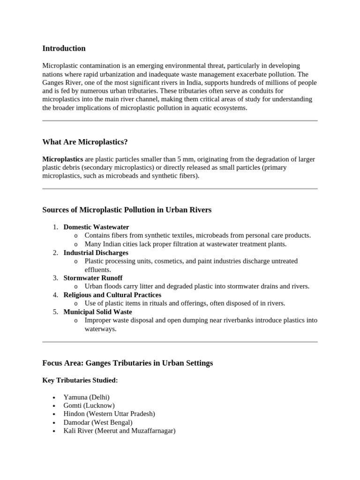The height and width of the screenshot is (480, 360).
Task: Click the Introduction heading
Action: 64,48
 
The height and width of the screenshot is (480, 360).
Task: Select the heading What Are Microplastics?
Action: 85,142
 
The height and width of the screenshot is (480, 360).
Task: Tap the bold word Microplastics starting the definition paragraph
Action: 63,159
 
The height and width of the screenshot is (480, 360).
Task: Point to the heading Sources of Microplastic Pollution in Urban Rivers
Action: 127,210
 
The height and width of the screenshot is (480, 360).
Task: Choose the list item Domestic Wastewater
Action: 96,227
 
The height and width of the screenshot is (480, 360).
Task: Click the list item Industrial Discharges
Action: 96,253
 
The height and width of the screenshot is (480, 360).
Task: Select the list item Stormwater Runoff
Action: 93,278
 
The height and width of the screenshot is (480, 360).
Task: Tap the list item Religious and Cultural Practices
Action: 112,295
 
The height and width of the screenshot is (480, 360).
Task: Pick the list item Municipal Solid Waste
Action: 97,312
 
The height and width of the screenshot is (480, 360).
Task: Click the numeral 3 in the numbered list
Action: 55,278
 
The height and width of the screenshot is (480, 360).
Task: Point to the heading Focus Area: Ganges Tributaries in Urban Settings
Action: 127,363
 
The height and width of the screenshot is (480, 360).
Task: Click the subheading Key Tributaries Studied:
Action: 80,380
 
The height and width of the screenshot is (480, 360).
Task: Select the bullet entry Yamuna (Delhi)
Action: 86,397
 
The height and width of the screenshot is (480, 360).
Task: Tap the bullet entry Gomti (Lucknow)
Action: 89,405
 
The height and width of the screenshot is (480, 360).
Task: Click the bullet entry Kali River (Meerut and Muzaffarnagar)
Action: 119,431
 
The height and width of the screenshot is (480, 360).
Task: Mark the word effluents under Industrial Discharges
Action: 97,270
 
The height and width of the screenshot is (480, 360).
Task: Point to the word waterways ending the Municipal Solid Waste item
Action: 100,329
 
